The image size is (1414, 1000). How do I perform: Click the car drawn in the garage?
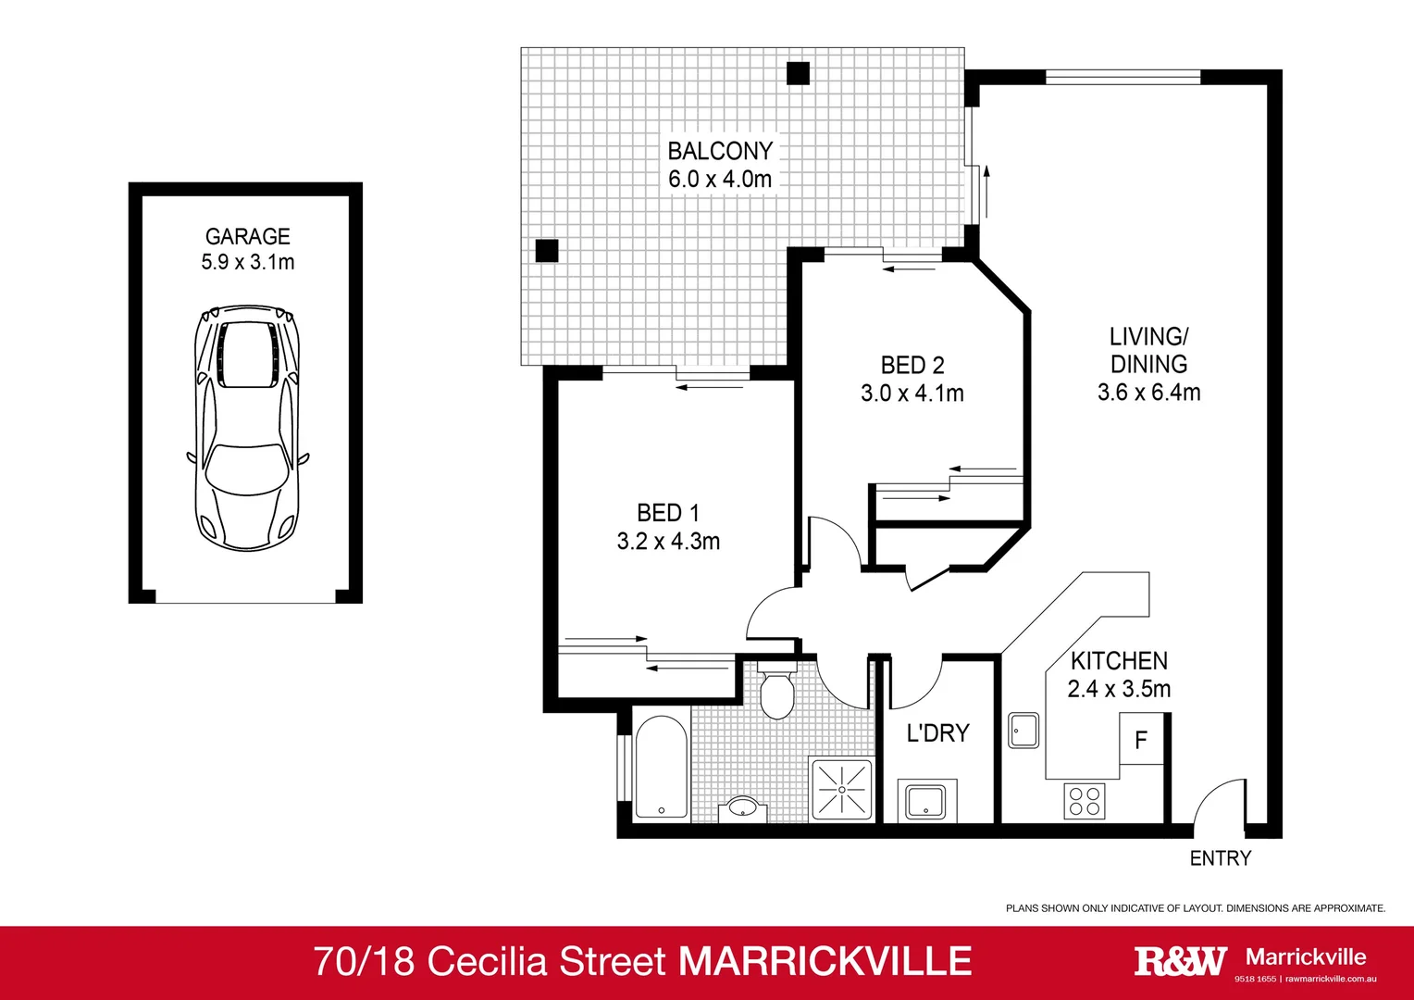(247, 428)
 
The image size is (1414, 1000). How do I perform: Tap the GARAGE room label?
(247, 237)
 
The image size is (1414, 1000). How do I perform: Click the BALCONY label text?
(720, 151)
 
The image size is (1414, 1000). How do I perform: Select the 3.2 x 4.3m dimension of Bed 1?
(668, 542)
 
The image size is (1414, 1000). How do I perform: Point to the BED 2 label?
(912, 366)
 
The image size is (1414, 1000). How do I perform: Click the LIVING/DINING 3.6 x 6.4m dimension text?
(1148, 393)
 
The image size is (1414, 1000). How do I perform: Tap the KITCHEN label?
(1119, 661)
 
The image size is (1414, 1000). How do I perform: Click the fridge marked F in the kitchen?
(1141, 740)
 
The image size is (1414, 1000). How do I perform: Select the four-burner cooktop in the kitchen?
(1084, 801)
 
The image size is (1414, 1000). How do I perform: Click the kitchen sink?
(1023, 731)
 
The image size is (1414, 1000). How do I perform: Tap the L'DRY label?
(937, 733)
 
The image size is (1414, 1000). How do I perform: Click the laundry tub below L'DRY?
(925, 802)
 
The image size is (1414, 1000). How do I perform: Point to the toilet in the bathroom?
(775, 691)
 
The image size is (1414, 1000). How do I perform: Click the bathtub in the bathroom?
(661, 767)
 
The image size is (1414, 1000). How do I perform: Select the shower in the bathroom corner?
(841, 790)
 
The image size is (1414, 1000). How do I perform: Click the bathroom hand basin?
(742, 807)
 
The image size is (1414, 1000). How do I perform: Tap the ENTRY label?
(1220, 858)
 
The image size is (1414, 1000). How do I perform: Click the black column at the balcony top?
(798, 73)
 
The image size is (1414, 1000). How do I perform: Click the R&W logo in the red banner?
(1180, 961)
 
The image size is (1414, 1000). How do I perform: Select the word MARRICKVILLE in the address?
(825, 962)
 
